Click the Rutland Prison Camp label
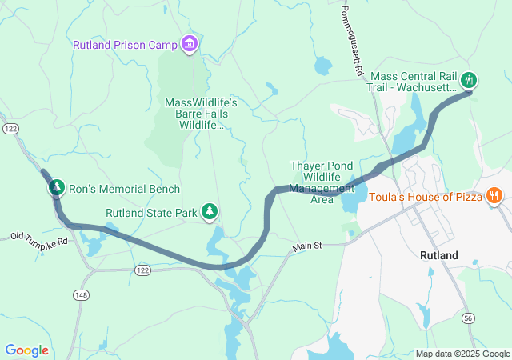(125, 45)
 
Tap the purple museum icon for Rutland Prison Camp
(189, 43)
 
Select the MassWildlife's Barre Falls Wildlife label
(202, 114)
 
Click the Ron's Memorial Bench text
(124, 190)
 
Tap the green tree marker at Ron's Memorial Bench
(56, 188)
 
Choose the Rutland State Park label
(151, 213)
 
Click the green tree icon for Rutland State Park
(210, 211)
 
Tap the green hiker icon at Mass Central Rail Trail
(470, 79)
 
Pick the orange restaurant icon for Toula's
(494, 194)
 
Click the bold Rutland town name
(439, 255)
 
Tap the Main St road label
(306, 247)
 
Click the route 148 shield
(82, 296)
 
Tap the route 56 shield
(468, 319)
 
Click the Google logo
(26, 350)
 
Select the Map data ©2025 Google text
(462, 354)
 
